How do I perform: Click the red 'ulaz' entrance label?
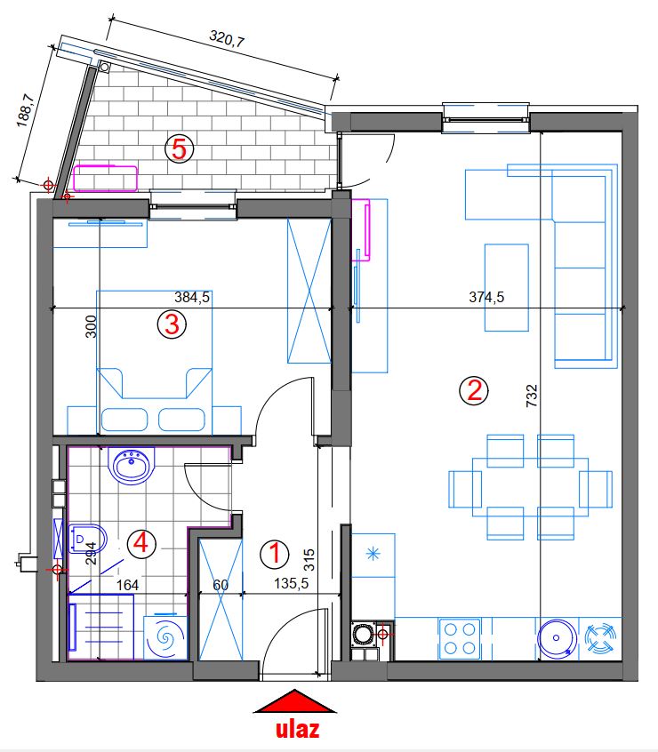[x=297, y=729]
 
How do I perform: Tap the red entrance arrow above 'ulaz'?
[x=294, y=701]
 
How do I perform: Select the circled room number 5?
[x=179, y=149]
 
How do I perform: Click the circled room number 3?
[x=172, y=324]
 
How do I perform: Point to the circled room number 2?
[x=474, y=390]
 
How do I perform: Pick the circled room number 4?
[x=141, y=544]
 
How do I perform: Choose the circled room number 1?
[x=275, y=554]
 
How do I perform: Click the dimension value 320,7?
[x=227, y=38]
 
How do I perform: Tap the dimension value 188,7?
[x=26, y=111]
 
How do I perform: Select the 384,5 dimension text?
[x=192, y=298]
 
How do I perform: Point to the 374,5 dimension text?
[x=486, y=298]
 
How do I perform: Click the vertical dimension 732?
[x=532, y=396]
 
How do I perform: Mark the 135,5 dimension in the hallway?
[x=291, y=584]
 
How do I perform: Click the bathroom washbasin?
[x=132, y=465]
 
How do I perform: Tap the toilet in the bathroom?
[x=87, y=539]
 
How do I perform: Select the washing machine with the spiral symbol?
[x=165, y=637]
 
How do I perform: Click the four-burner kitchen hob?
[x=460, y=638]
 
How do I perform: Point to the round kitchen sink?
[x=557, y=638]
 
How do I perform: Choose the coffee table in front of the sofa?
[x=507, y=287]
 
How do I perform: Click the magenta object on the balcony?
[x=105, y=178]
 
